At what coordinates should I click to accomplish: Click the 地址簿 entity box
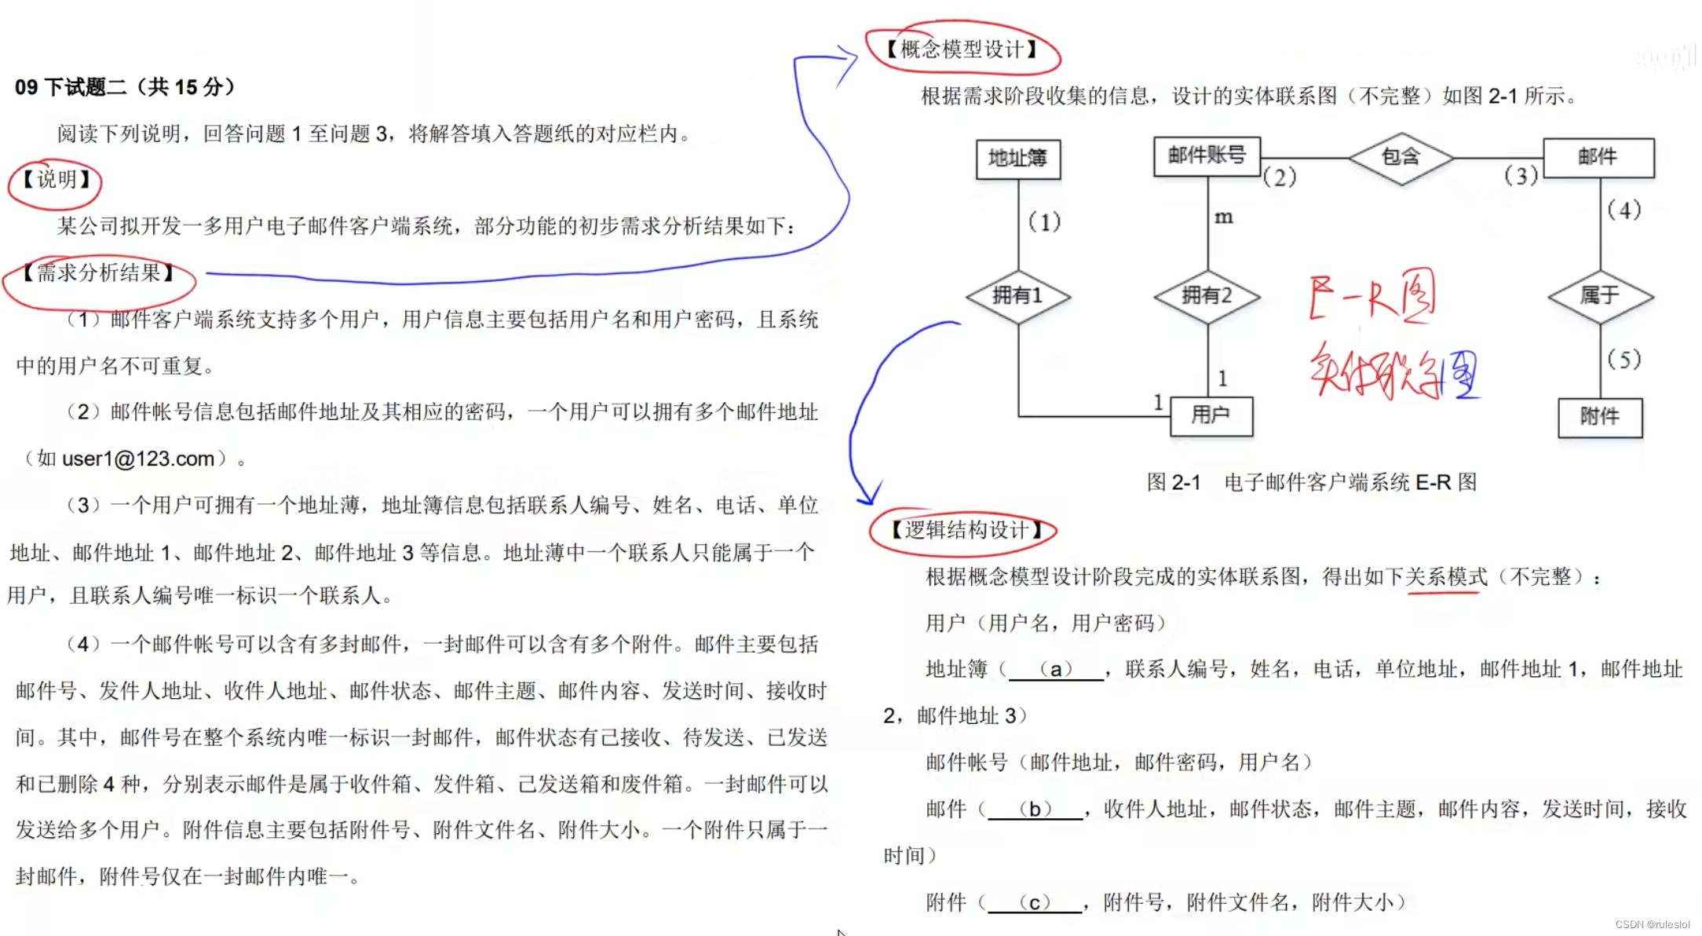(x=1018, y=159)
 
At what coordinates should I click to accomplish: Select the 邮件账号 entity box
(x=1207, y=155)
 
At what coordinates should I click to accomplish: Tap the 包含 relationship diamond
(x=1401, y=158)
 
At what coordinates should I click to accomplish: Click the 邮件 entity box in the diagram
(x=1598, y=158)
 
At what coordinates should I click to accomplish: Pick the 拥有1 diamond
(x=1018, y=296)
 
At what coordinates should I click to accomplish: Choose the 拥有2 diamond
(x=1207, y=296)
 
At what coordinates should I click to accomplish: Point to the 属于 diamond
(x=1600, y=296)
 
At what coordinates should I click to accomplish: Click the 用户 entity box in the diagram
(x=1211, y=415)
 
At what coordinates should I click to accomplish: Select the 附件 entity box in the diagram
(x=1600, y=417)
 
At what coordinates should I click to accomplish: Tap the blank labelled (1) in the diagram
(x=1045, y=222)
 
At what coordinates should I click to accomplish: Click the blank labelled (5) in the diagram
(x=1623, y=360)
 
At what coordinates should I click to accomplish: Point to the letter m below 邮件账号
(x=1223, y=218)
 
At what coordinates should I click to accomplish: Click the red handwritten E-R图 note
(x=1372, y=296)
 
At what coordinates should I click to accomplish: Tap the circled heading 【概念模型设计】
(x=962, y=49)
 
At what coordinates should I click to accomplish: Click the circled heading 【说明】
(x=56, y=180)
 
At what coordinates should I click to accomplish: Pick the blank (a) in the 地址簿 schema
(x=1056, y=670)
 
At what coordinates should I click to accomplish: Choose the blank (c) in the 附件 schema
(x=1035, y=903)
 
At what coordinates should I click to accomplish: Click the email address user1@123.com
(x=138, y=459)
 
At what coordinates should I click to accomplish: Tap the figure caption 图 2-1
(x=1174, y=482)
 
